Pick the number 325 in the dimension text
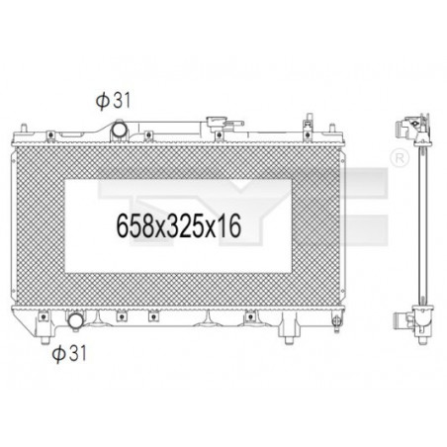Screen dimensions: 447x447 tap(182, 224)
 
